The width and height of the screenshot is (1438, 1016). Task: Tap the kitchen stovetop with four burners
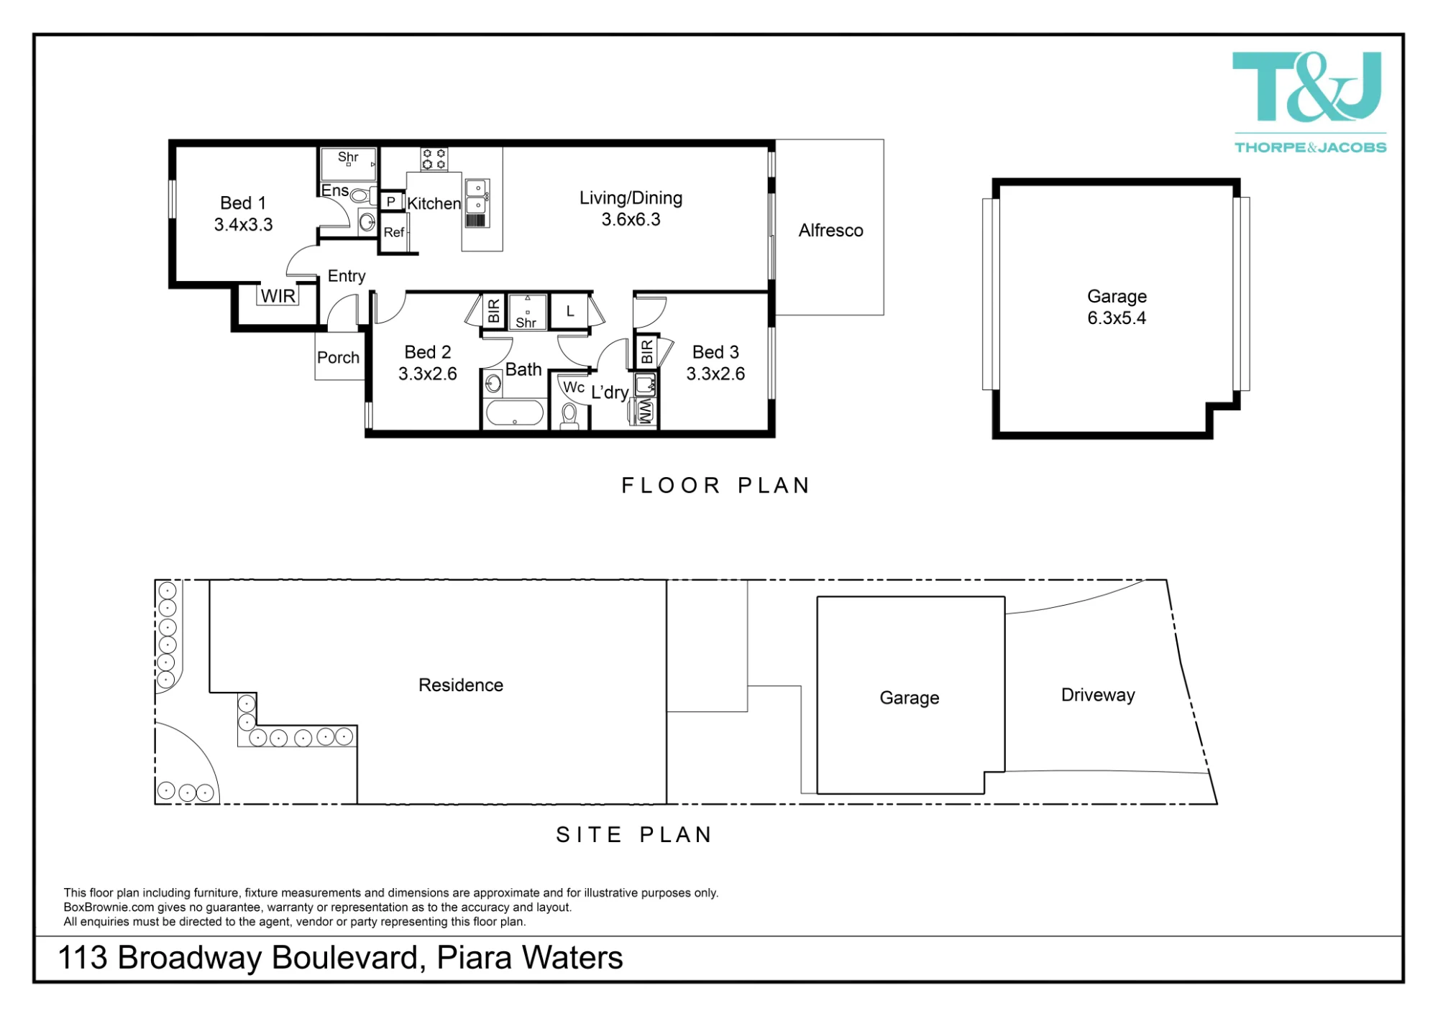(434, 159)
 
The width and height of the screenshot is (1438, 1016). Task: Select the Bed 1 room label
(243, 203)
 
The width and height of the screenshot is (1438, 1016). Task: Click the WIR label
(278, 296)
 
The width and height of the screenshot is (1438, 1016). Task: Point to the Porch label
(338, 357)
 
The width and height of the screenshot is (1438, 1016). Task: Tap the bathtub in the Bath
(515, 413)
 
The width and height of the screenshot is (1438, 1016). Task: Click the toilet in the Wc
(569, 416)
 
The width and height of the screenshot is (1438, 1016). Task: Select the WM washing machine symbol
(645, 412)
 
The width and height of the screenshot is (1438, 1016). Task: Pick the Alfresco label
(830, 231)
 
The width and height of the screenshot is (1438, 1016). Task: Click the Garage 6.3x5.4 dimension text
(1117, 318)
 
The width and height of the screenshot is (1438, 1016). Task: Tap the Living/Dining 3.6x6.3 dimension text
(631, 220)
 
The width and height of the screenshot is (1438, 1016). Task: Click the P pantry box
(391, 201)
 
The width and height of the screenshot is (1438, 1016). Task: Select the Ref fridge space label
(393, 232)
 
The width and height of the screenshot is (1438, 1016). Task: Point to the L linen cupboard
(569, 312)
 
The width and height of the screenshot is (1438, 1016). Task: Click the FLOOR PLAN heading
(716, 486)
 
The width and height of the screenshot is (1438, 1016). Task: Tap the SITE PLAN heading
(634, 835)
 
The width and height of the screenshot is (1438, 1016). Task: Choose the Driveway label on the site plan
(1098, 696)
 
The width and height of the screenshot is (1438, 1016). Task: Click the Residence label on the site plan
(461, 685)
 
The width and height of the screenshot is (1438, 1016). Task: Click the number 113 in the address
(83, 958)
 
